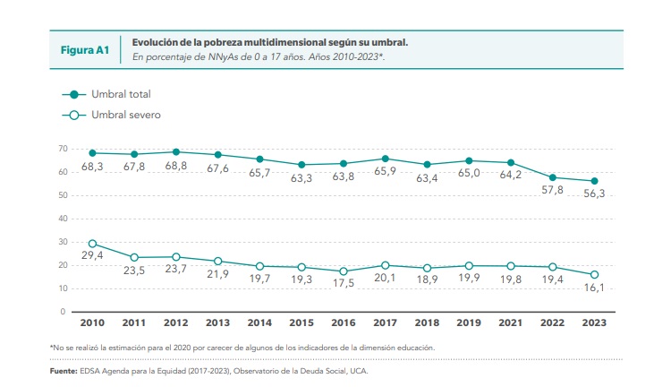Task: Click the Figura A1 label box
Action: tap(83, 49)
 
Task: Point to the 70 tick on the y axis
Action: tap(63, 149)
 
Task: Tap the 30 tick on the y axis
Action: tap(63, 242)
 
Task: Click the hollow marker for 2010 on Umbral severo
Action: tap(92, 244)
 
